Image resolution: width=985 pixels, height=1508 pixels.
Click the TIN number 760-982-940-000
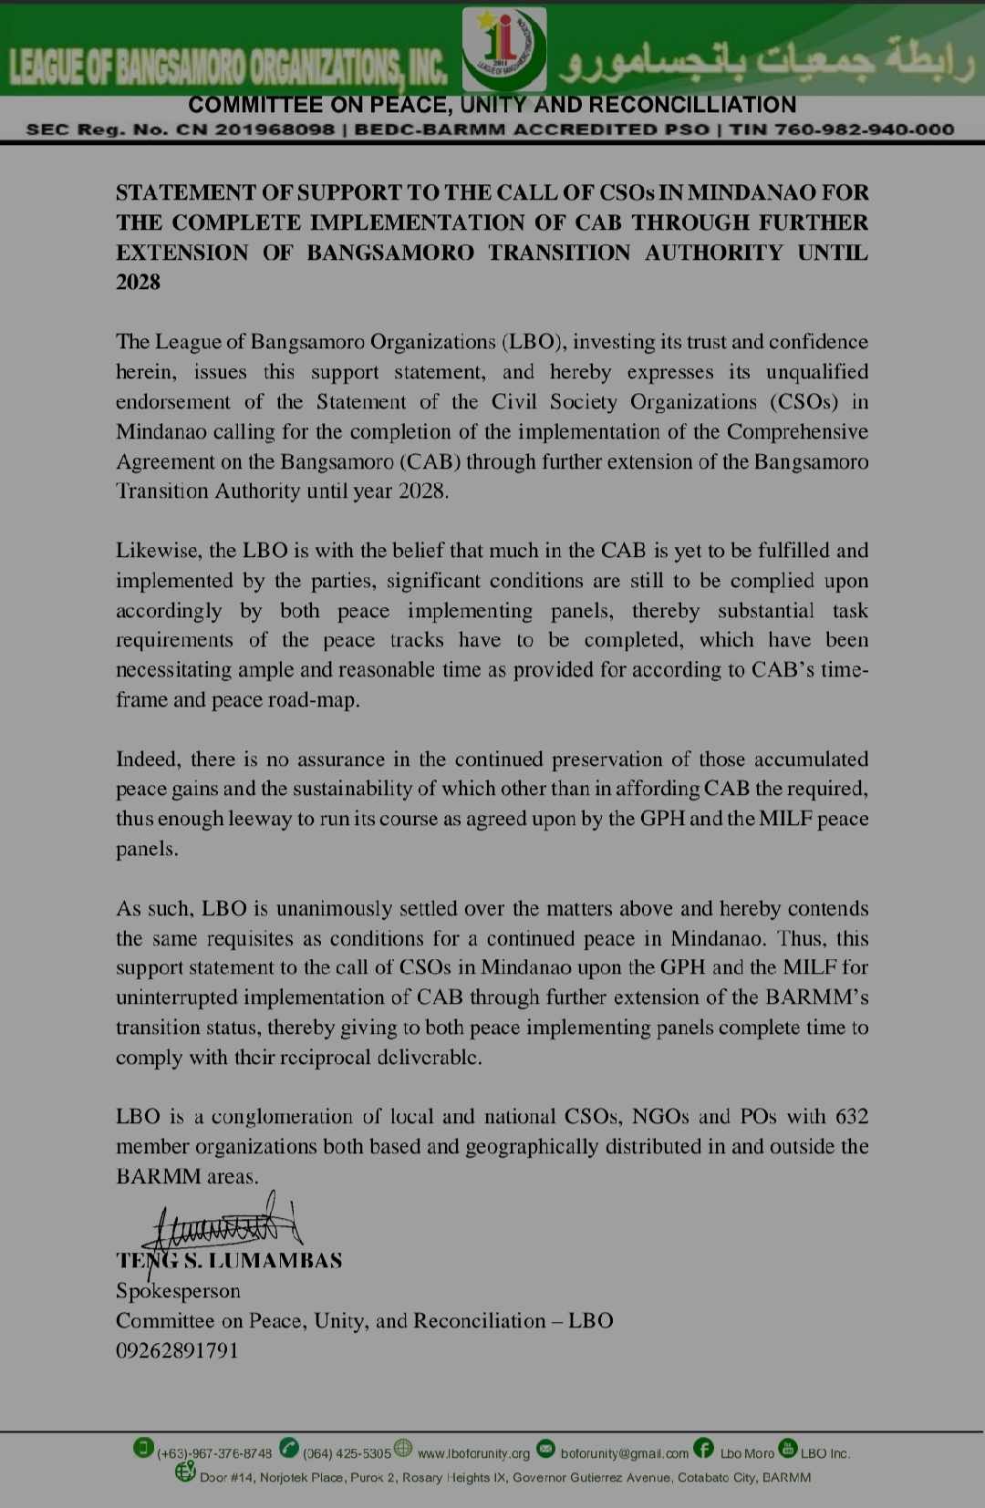[863, 129]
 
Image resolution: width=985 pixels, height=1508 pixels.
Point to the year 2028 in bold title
[138, 283]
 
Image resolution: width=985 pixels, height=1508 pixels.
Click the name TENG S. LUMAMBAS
[229, 1261]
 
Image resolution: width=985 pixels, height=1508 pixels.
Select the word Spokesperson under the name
[178, 1291]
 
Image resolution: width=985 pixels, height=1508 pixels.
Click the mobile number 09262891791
[177, 1350]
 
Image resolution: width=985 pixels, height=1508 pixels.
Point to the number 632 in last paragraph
[851, 1117]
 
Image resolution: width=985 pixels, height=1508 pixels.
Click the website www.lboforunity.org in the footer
[472, 1453]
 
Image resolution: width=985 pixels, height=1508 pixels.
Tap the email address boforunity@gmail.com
[624, 1453]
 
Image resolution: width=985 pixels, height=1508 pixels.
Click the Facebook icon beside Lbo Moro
[703, 1448]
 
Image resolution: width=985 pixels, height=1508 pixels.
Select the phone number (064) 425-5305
[347, 1453]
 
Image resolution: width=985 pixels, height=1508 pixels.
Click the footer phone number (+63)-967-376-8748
[214, 1453]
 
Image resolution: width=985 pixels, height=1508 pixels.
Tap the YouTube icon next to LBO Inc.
[788, 1448]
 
